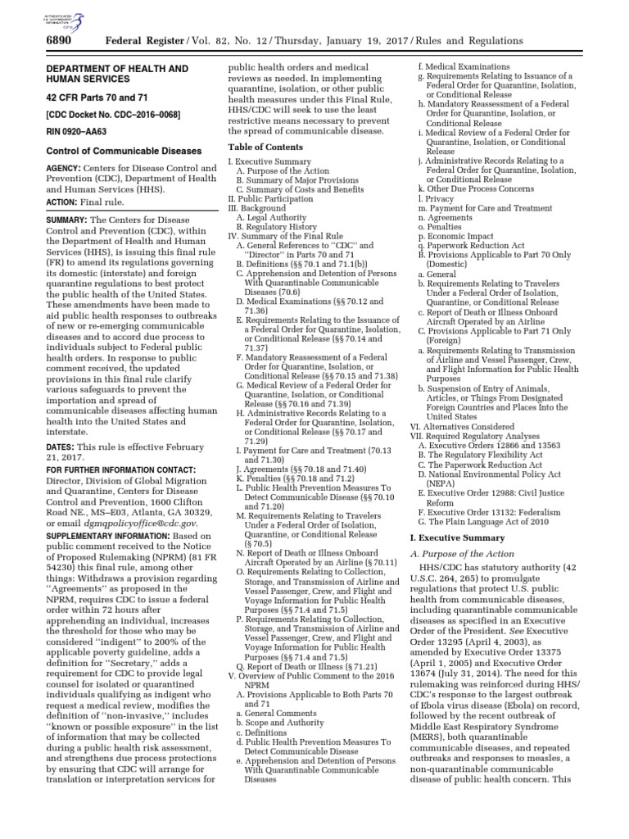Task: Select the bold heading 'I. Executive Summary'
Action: pyautogui.click(x=457, y=537)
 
